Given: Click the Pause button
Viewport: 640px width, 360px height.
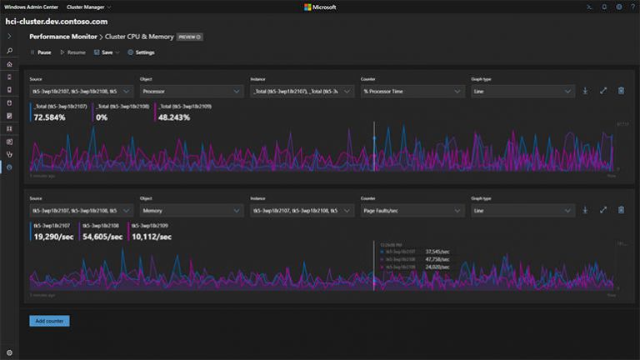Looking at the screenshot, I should click(x=42, y=52).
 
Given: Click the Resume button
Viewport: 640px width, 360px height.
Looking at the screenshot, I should click(x=72, y=52).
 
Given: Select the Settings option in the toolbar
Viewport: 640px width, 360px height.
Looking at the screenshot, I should click(x=141, y=52).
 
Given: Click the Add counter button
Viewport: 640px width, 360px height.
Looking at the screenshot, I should click(x=49, y=321).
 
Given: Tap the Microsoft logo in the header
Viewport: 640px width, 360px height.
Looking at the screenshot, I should click(x=320, y=7).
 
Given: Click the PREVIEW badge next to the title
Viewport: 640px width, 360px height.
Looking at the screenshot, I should click(x=190, y=37).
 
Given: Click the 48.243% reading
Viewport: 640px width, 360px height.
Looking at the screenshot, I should click(x=174, y=117).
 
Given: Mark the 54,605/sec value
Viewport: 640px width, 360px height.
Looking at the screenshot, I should click(x=102, y=237).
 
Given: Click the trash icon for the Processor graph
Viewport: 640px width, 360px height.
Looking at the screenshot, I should click(x=621, y=91).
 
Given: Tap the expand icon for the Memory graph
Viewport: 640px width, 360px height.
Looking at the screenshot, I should click(x=602, y=211).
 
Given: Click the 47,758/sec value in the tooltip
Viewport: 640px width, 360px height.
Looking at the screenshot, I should click(x=437, y=259).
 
